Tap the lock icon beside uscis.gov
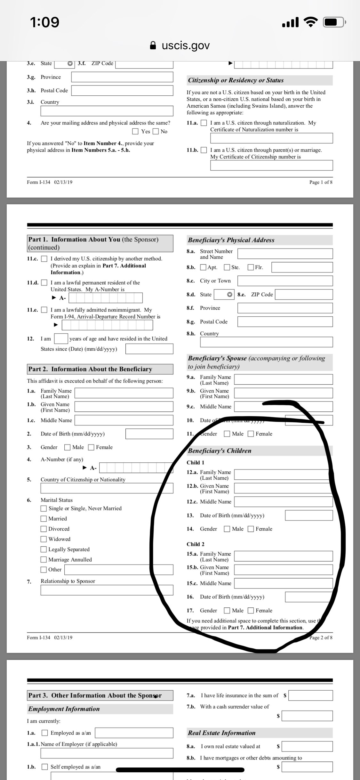153,45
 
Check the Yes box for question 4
135,131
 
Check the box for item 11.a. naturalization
204,123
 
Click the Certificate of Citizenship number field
271,165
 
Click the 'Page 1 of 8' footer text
321,182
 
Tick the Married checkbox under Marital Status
44,519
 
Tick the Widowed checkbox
44,539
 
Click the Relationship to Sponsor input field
107,590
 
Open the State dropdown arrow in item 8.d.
229,295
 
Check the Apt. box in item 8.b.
203,267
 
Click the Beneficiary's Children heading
220,451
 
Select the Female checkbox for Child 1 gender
251,529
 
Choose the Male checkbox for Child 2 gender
227,611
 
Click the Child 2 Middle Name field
283,583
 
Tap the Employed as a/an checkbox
45,733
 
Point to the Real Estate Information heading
222,733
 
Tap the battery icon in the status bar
334,22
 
